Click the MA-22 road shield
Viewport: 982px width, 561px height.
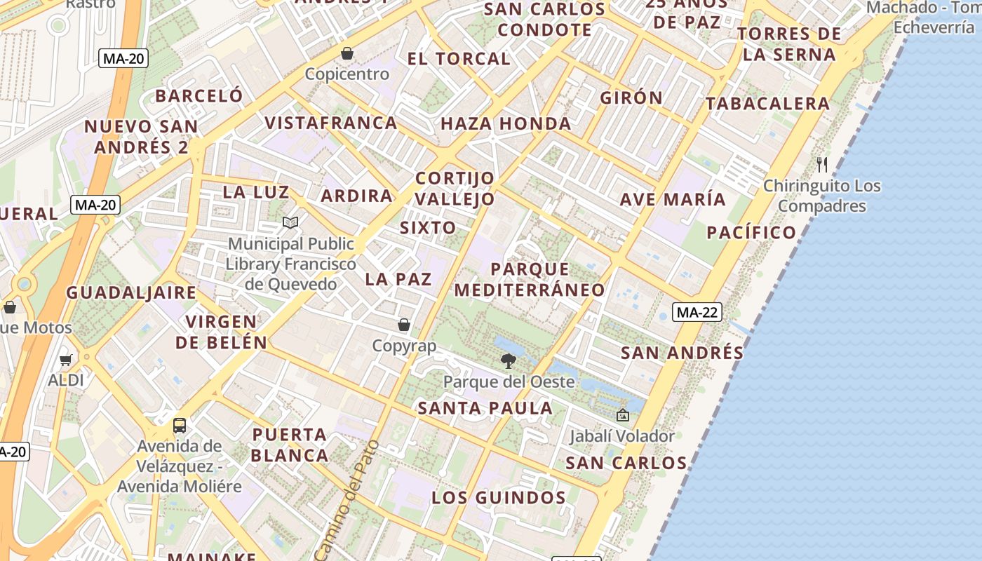(x=697, y=313)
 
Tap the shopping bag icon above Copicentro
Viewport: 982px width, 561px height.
(x=347, y=53)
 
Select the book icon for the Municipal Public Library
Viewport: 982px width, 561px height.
(x=290, y=223)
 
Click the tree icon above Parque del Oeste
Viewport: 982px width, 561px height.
(x=509, y=361)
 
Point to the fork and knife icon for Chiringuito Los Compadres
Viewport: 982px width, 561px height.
(x=822, y=165)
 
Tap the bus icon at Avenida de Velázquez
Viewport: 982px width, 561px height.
(x=180, y=425)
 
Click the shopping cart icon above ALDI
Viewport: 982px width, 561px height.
(x=65, y=360)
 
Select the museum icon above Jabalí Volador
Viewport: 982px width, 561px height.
(x=622, y=415)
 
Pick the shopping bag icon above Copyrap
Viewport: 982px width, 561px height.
(x=404, y=325)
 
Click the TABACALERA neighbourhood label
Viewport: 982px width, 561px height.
(x=767, y=104)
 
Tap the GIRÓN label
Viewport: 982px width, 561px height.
(x=631, y=97)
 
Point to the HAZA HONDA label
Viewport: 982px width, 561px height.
(x=506, y=124)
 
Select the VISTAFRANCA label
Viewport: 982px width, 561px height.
(x=331, y=123)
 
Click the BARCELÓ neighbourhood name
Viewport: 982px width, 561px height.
(x=199, y=95)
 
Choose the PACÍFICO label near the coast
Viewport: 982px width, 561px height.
(x=751, y=232)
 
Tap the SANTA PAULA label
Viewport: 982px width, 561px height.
(x=485, y=408)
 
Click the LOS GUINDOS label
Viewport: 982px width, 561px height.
(x=498, y=498)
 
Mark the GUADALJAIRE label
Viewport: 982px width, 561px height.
(x=131, y=292)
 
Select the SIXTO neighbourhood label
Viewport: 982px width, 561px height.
(x=428, y=227)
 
